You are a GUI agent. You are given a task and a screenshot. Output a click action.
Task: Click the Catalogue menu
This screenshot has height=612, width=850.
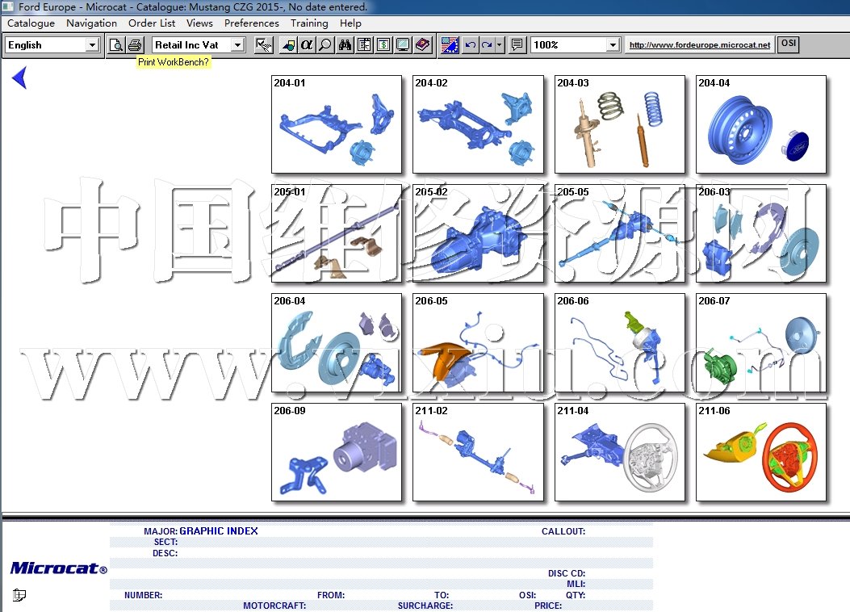[x=31, y=23]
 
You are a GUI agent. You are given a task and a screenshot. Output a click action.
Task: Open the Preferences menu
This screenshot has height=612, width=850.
[x=252, y=23]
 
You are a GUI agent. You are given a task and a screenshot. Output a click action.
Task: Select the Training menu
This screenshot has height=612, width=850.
[x=309, y=23]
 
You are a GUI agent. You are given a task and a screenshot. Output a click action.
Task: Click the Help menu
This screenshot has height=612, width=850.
[x=350, y=23]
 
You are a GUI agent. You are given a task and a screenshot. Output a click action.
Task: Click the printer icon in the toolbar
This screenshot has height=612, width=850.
[x=135, y=45]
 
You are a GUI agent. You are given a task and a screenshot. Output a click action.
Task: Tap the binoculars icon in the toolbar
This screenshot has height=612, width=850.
[x=345, y=45]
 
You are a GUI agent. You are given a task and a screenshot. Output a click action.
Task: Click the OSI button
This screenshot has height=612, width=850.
[x=788, y=44]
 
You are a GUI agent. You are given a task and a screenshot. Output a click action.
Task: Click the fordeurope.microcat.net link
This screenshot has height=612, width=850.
[x=699, y=45]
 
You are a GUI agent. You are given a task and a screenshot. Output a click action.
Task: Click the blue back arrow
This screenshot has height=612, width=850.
[x=19, y=78]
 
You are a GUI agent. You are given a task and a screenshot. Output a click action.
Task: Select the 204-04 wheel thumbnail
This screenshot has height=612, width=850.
[x=760, y=124]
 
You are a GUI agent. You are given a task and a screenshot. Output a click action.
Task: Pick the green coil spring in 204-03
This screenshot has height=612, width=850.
[x=610, y=106]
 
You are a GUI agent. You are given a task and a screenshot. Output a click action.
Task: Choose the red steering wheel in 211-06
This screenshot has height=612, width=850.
[x=789, y=456]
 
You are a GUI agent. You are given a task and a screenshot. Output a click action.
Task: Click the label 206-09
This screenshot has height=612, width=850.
[x=290, y=411]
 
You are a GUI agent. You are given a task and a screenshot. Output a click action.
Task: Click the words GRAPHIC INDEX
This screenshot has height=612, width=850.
[x=219, y=531]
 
